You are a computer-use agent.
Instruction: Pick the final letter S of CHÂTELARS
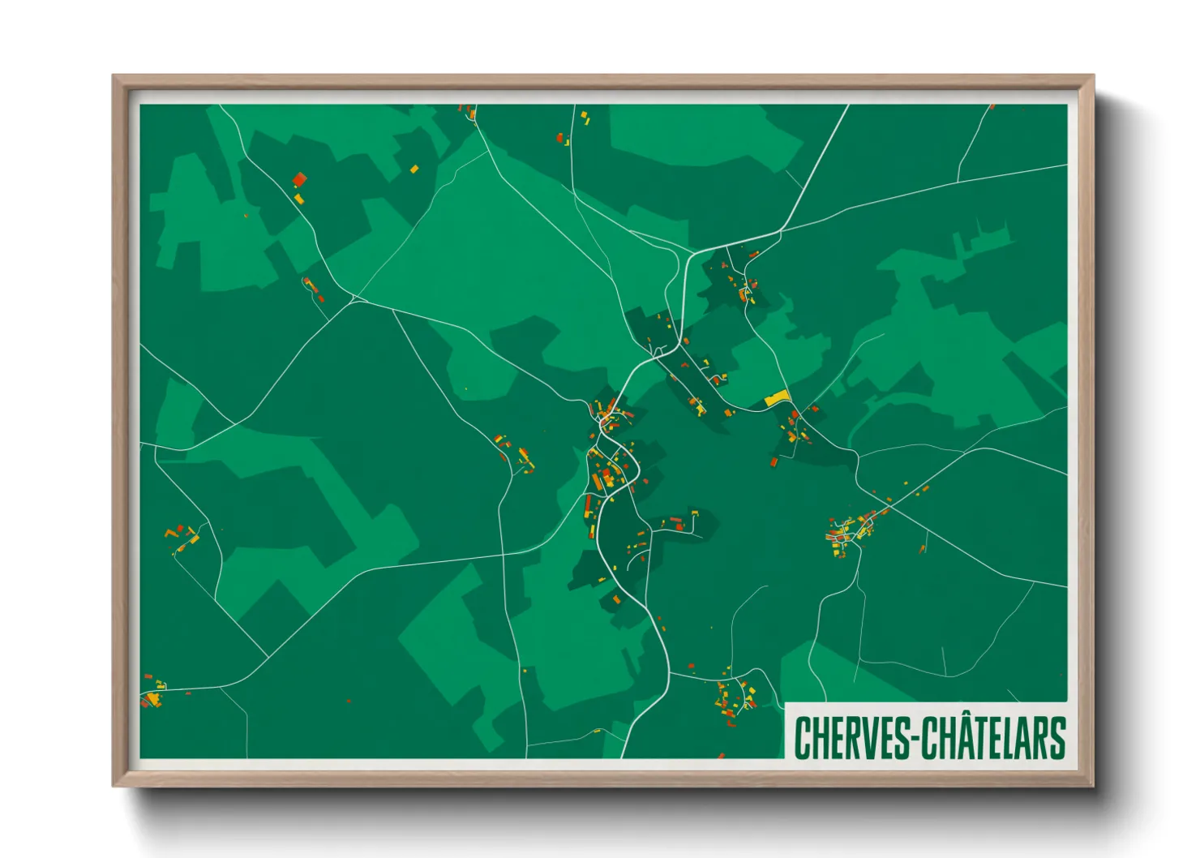click(x=1056, y=738)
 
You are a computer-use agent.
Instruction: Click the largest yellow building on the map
click(x=777, y=398)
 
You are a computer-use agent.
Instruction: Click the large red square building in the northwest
click(x=299, y=180)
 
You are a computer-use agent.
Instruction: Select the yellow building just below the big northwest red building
click(x=298, y=198)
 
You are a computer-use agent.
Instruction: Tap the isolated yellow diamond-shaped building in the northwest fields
click(x=414, y=169)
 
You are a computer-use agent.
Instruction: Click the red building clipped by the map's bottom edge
click(x=721, y=756)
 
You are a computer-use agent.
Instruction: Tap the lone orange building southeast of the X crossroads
click(x=922, y=549)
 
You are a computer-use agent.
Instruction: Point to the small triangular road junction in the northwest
click(x=354, y=299)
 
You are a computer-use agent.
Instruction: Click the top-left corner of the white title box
click(x=786, y=703)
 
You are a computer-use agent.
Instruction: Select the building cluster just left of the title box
click(x=735, y=697)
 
